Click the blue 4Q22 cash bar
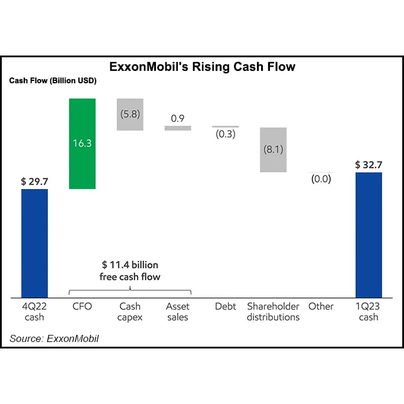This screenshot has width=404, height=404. point(34,243)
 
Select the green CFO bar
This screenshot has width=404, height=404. point(82,144)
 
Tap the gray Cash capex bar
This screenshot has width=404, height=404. point(130,114)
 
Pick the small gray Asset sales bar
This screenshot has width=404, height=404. point(178,128)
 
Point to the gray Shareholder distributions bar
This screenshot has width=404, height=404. point(273,149)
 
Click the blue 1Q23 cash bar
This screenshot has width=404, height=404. point(369,234)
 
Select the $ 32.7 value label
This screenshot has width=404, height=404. point(369,165)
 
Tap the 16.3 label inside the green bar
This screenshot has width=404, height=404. point(82,144)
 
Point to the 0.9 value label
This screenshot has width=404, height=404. point(178,119)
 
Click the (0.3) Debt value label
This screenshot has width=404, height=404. point(225,134)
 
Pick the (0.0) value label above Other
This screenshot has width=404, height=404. point(321,179)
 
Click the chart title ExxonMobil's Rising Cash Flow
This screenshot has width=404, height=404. point(202,67)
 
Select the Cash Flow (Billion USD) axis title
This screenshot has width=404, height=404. point(53,80)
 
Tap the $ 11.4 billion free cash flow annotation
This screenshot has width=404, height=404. point(130,271)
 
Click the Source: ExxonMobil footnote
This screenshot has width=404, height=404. point(54,338)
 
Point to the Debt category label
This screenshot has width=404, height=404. point(225,307)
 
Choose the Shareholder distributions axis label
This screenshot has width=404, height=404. point(273,312)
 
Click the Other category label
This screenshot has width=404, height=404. point(321,307)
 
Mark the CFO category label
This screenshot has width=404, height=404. point(82,307)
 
